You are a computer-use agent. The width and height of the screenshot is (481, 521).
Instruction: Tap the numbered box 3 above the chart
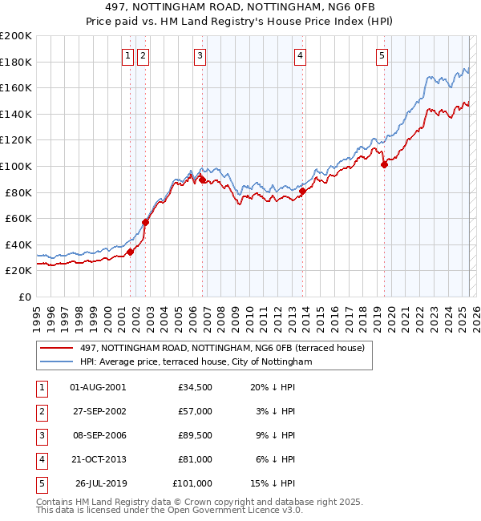(x=200, y=55)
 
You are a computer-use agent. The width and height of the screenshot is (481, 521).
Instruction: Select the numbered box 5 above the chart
(x=381, y=55)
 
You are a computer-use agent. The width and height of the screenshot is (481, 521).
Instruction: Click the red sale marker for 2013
(x=301, y=191)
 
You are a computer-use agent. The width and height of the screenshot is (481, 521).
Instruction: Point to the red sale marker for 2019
(x=384, y=165)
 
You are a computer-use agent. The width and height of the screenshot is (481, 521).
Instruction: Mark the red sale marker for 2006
(x=202, y=180)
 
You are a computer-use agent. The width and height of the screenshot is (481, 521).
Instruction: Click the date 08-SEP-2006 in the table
(x=99, y=435)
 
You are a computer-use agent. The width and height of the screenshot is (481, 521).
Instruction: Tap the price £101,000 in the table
(x=192, y=483)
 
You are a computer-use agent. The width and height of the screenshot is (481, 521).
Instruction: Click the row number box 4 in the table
(x=41, y=459)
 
